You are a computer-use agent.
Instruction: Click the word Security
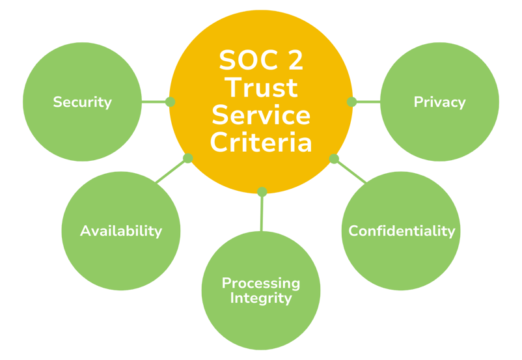[82, 102]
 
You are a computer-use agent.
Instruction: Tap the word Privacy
[439, 102]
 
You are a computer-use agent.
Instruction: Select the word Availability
[121, 231]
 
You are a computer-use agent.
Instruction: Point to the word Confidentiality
[401, 231]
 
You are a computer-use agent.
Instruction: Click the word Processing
[261, 283]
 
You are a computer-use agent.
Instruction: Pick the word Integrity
[261, 298]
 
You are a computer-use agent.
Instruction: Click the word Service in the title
[261, 115]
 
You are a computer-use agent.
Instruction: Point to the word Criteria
[261, 142]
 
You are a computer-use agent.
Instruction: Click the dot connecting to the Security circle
[171, 102]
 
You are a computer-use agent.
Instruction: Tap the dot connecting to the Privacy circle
[351, 102]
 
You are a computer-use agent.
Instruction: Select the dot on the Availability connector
[187, 158]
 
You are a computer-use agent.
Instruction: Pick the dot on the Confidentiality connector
[334, 158]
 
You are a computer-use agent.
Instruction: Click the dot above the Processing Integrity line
[262, 191]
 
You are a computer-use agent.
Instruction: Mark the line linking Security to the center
[154, 102]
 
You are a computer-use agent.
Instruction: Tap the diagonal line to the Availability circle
[172, 171]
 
